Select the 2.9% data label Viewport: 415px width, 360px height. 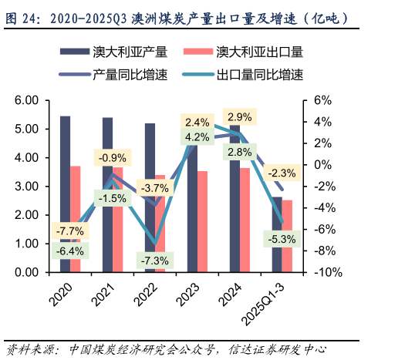click(x=240, y=117)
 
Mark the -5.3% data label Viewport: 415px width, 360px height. click(x=282, y=239)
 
